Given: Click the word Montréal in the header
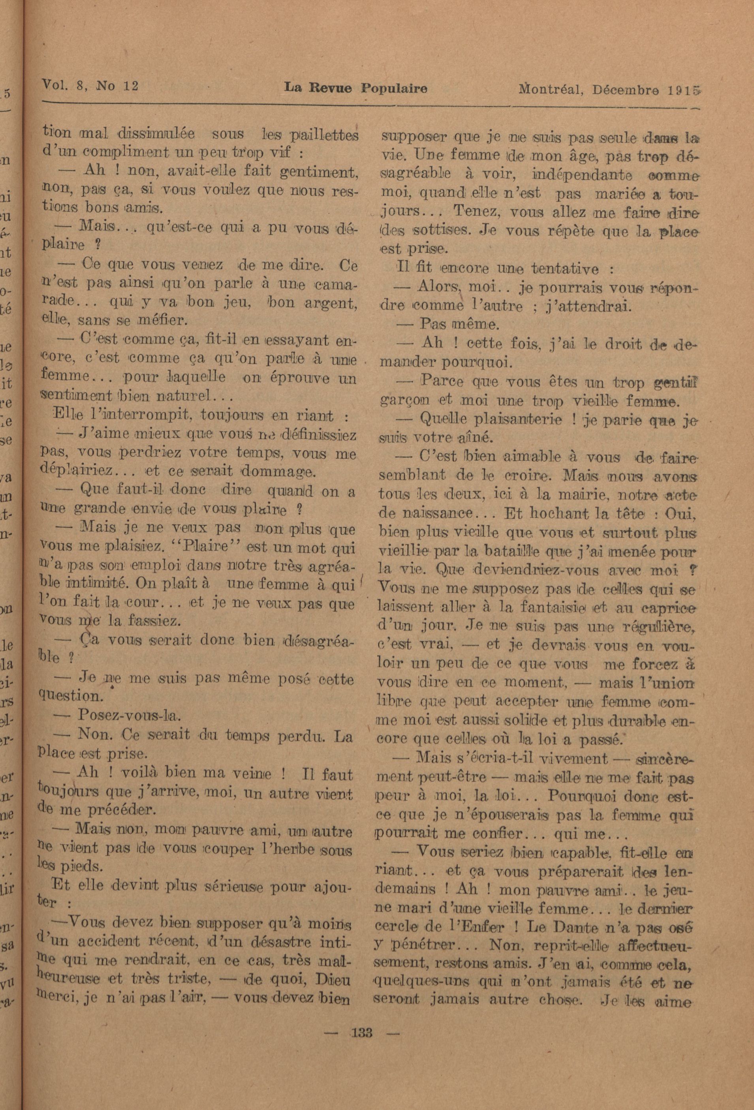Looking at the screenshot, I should pos(551,89).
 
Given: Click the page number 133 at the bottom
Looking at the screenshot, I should pos(362,1029).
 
